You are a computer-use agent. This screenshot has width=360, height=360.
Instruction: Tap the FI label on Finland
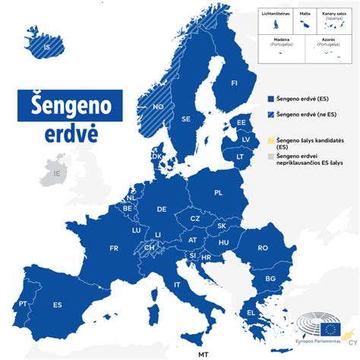pos(234,83)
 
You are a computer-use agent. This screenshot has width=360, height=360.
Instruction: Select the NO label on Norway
pos(158,107)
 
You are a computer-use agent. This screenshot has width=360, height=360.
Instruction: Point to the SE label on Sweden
pos(186,119)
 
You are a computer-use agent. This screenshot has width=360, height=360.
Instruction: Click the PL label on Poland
pos(218,193)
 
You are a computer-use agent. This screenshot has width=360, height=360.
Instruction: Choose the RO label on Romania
pos(263,248)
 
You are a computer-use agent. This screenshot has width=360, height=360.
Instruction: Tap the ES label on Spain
pos(58,305)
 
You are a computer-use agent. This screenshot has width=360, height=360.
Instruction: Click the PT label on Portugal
pos(24,304)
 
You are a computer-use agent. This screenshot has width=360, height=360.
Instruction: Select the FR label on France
pos(114,248)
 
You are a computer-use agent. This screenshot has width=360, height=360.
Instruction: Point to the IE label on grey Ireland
pos(55,173)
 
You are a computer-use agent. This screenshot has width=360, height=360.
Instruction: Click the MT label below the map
pos(203,354)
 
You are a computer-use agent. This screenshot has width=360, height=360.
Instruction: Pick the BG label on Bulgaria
pos(270,279)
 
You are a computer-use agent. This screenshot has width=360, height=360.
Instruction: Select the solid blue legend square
pos(270,99)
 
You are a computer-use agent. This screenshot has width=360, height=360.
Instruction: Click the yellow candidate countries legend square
pos(270,141)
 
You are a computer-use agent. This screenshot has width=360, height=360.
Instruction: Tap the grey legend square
pos(270,156)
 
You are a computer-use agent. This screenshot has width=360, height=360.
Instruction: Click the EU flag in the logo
pos(330,329)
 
